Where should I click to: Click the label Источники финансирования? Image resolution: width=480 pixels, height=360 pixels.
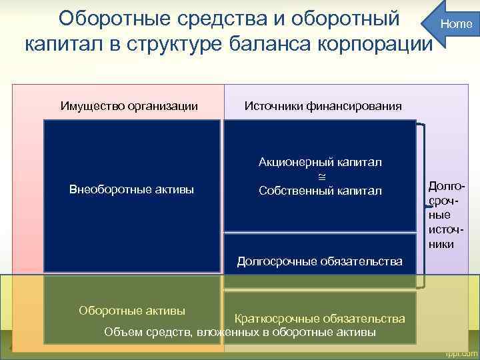[323, 106]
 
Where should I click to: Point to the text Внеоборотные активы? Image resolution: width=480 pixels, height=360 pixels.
[131, 190]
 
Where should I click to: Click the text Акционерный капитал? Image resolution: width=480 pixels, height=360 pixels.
[320, 163]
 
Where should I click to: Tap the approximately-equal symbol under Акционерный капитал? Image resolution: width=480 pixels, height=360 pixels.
[320, 177]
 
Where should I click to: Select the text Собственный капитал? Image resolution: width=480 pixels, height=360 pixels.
[320, 191]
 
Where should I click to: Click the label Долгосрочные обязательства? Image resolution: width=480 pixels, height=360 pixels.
[320, 261]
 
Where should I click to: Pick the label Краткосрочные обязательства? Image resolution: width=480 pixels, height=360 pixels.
[319, 319]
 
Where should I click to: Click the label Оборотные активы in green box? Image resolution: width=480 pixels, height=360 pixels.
[132, 310]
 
